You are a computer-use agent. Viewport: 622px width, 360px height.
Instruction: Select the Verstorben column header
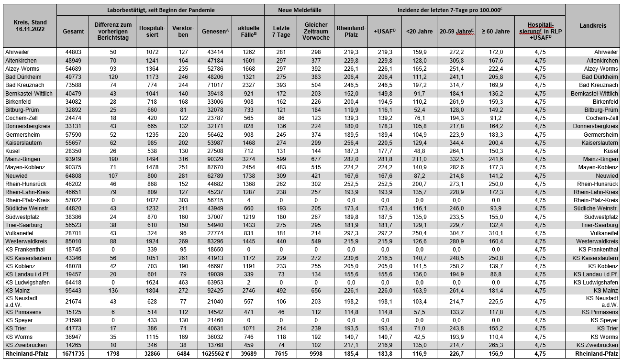[182, 31]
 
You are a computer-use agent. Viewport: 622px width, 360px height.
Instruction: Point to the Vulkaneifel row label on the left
[19, 233]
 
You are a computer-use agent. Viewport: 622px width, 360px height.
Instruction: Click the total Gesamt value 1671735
[73, 354]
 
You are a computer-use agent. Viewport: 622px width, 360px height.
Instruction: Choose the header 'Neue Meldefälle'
[299, 10]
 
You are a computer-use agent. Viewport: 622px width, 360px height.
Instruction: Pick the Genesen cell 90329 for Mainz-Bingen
[214, 159]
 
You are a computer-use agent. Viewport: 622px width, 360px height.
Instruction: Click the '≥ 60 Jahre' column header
[495, 31]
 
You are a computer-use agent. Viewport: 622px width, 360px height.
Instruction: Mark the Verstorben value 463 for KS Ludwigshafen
[182, 282]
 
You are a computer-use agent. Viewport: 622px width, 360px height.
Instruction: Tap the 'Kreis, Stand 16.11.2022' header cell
[29, 26]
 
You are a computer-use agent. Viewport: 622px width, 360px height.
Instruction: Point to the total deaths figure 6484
[182, 354]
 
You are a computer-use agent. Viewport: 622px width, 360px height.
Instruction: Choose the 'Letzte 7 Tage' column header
[278, 31]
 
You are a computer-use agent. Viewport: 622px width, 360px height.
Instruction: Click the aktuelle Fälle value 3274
[247, 159]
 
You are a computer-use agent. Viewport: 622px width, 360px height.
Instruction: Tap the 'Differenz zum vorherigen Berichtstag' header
[112, 31]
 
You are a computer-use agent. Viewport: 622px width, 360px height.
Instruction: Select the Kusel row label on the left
[12, 151]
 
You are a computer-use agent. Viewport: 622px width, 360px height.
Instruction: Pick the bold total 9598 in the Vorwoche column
[315, 354]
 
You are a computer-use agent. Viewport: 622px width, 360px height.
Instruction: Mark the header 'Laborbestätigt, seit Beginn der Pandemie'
[160, 10]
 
